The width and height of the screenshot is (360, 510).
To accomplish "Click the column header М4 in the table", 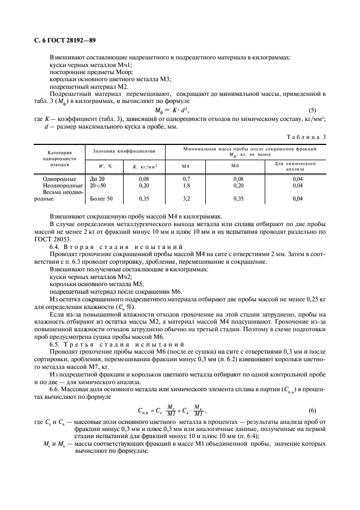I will point(185,166).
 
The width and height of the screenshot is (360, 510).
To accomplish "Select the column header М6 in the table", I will point(235,166).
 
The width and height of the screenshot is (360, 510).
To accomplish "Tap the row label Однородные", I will point(58,178).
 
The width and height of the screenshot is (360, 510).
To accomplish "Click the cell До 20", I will point(97,178).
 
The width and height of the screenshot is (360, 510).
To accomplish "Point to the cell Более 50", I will point(102,199).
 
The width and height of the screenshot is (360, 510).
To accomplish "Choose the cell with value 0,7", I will point(186,178).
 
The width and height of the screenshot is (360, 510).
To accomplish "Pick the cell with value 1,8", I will point(186,185).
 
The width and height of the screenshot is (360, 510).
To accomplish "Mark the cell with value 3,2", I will point(186,199).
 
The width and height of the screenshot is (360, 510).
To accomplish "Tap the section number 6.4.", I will point(56,247).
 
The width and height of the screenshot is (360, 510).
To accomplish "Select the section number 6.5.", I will point(56,345).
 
